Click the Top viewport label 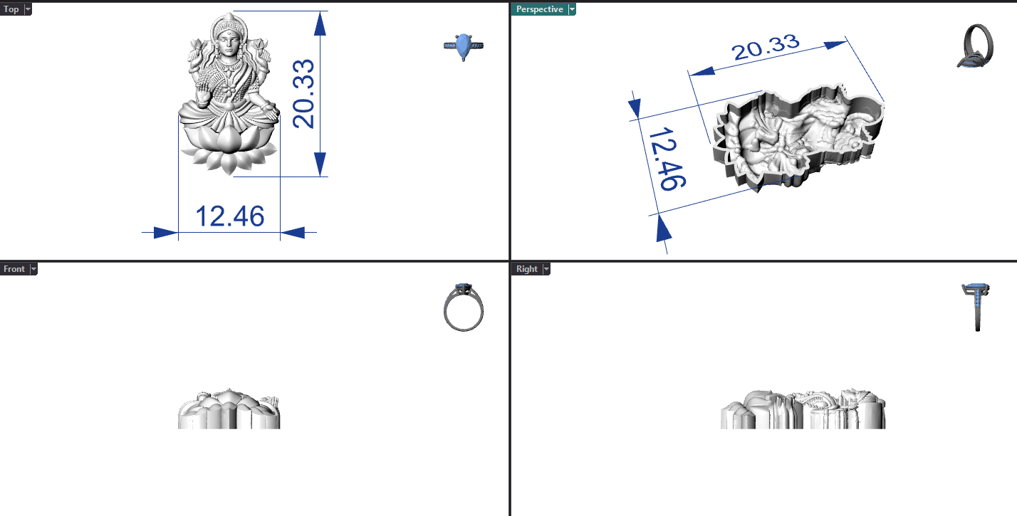pos(11,9)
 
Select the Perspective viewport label pos(539,9)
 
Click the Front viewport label pos(14,269)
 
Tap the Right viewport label pos(527,269)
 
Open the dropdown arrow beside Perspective pos(572,9)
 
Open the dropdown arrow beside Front pos(33,269)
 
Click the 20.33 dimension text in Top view pos(303,93)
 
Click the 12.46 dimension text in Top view pos(230,216)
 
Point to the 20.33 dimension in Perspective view pos(766,47)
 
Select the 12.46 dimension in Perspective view pos(667,159)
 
